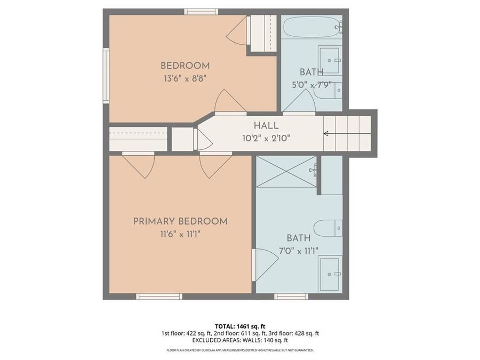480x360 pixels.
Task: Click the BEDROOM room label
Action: (x=185, y=66)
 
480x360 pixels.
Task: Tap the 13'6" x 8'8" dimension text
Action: (x=185, y=78)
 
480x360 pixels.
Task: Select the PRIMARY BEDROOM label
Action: (x=180, y=221)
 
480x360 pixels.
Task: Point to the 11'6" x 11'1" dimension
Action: (x=180, y=234)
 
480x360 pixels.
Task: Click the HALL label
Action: (x=266, y=126)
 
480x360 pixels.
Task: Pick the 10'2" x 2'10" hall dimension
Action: (x=266, y=138)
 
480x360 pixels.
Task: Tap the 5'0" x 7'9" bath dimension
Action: (x=312, y=84)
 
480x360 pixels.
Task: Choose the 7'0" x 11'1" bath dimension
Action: (x=298, y=251)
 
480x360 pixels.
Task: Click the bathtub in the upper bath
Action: (x=311, y=27)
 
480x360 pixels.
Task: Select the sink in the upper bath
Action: (x=330, y=59)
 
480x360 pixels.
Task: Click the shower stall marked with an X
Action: (x=287, y=171)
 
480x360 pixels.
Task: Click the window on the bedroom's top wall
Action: (x=201, y=12)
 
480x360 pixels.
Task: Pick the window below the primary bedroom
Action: (x=159, y=297)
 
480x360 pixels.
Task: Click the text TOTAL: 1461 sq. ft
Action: (x=240, y=325)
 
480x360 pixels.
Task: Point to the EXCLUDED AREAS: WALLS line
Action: (x=240, y=340)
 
